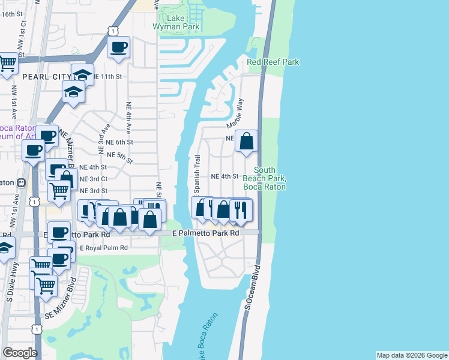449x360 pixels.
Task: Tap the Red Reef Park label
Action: pyautogui.click(x=273, y=62)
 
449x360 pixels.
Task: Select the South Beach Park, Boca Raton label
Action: pyautogui.click(x=264, y=179)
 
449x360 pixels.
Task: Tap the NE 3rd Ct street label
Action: pyautogui.click(x=94, y=179)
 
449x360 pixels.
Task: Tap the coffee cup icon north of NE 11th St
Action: pyautogui.click(x=118, y=47)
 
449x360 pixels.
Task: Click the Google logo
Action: pyautogui.click(x=20, y=353)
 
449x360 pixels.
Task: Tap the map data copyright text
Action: pyautogui.click(x=412, y=355)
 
